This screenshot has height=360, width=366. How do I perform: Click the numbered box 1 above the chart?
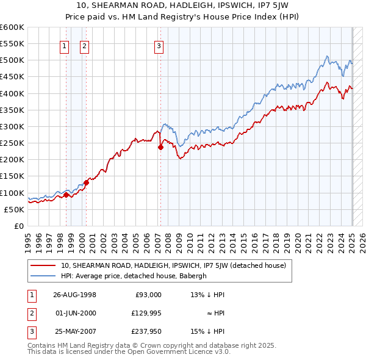pos(65,45)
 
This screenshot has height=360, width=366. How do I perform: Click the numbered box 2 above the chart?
pos(84,45)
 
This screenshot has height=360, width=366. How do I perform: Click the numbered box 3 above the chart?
pos(159,45)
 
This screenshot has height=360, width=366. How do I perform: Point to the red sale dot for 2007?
pos(160,147)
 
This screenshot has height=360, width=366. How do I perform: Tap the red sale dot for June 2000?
pos(87,182)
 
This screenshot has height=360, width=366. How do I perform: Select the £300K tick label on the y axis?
pos(12,126)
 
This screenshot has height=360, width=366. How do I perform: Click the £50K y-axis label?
pos(15,209)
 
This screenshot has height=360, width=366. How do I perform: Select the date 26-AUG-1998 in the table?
pos(74,295)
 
